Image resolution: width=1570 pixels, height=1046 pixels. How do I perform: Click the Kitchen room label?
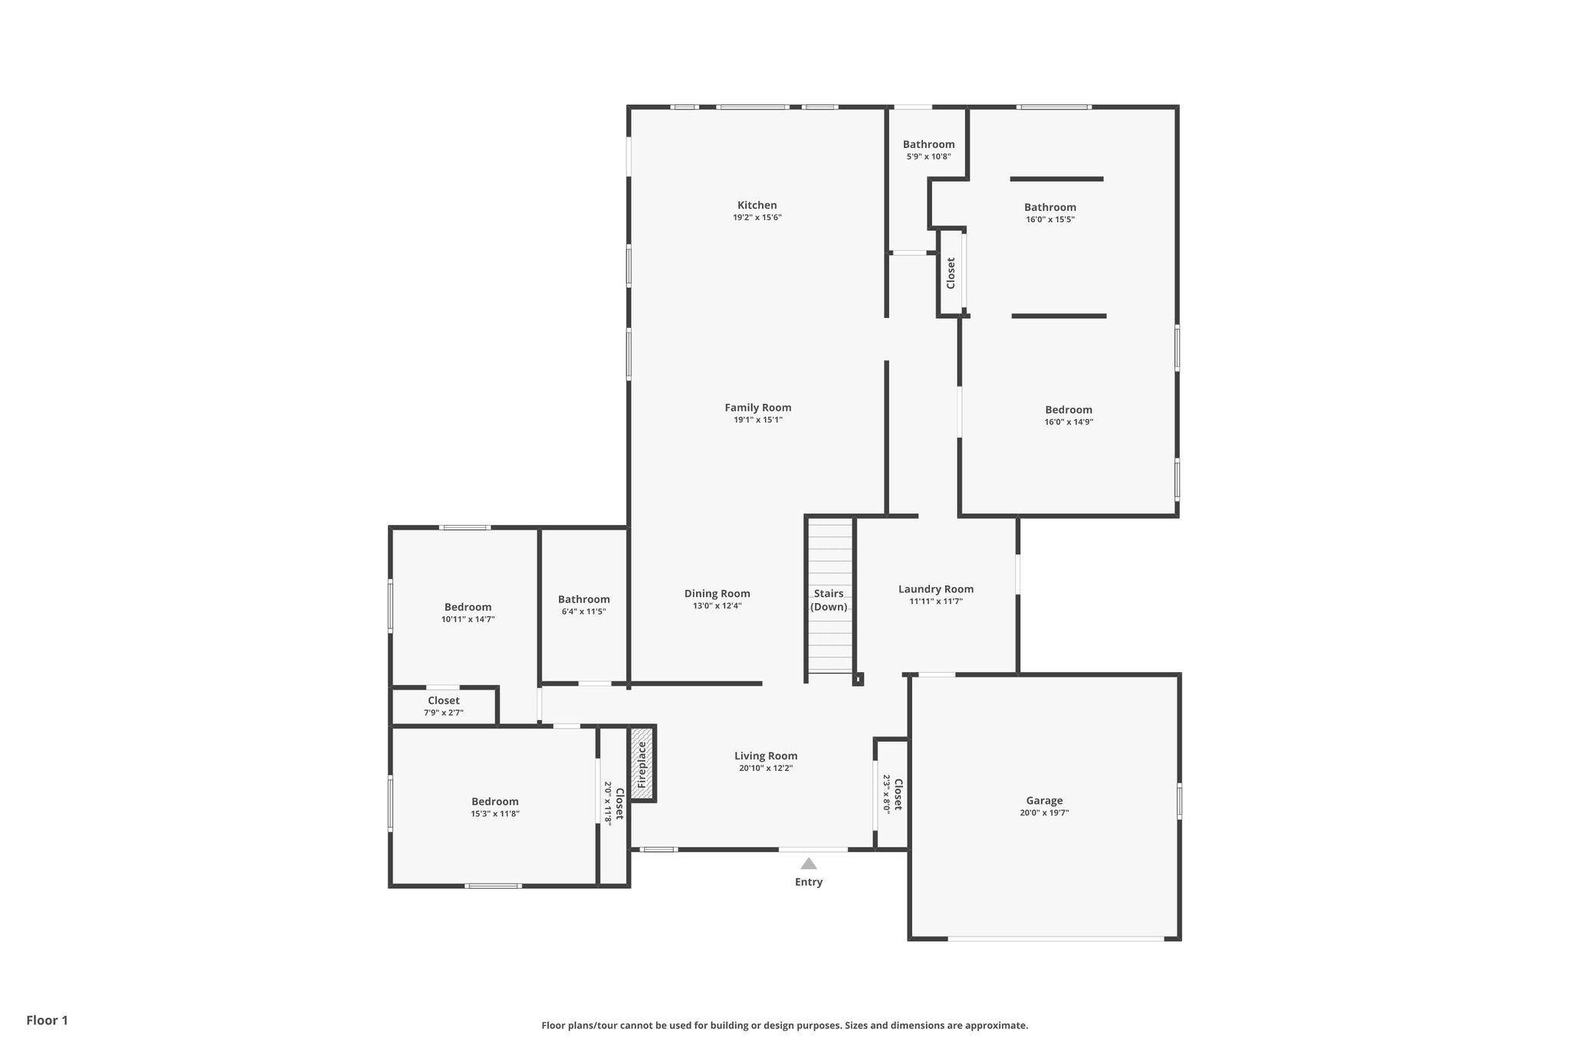[757, 205]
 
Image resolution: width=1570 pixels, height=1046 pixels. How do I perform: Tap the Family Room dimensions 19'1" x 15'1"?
[758, 420]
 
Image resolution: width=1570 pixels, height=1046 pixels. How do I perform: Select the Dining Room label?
[717, 594]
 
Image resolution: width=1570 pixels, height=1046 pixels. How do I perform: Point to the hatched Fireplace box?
[642, 762]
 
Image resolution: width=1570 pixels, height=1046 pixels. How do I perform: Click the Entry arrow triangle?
[809, 864]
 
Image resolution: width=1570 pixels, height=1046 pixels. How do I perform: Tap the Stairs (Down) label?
[829, 600]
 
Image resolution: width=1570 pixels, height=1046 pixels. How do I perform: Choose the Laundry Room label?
[936, 589]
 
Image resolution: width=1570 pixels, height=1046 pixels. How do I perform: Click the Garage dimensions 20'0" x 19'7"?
[1044, 813]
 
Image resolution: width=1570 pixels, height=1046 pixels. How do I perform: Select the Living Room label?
[766, 756]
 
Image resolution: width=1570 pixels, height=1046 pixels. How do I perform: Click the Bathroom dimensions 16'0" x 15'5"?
[1050, 219]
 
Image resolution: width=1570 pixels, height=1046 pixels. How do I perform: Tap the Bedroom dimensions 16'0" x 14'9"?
[1069, 421]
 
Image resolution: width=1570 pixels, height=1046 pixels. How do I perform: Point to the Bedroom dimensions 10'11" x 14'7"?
[468, 619]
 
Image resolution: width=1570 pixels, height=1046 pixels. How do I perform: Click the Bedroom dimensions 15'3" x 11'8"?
[495, 814]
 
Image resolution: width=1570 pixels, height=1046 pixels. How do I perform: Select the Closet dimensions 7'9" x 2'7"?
[444, 713]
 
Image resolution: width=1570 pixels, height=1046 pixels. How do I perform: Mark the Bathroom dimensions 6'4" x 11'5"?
[584, 612]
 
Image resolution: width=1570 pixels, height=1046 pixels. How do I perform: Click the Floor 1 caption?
[48, 1020]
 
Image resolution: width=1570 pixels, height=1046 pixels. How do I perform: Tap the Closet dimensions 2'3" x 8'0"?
[887, 794]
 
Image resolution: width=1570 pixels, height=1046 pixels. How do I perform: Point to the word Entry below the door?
[809, 882]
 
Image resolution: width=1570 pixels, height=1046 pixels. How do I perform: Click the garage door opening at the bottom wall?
[1056, 938]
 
